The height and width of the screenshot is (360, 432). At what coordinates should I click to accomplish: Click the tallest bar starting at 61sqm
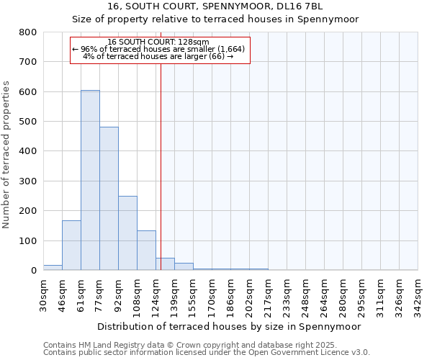tap(90, 180)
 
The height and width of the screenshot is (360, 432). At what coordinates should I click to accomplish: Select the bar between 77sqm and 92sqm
tap(109, 199)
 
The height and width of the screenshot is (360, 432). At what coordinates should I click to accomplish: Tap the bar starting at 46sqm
tap(71, 246)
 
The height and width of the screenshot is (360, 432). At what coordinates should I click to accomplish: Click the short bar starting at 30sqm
tap(53, 267)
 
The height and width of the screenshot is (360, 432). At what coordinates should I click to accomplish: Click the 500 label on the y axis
tap(27, 122)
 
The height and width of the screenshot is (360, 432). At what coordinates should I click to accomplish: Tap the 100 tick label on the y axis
tap(27, 240)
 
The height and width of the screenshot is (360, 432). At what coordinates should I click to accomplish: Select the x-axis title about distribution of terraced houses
tap(228, 326)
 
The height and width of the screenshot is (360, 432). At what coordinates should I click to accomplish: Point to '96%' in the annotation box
tap(89, 49)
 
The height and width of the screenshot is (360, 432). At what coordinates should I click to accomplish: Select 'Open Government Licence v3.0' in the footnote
tap(310, 353)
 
